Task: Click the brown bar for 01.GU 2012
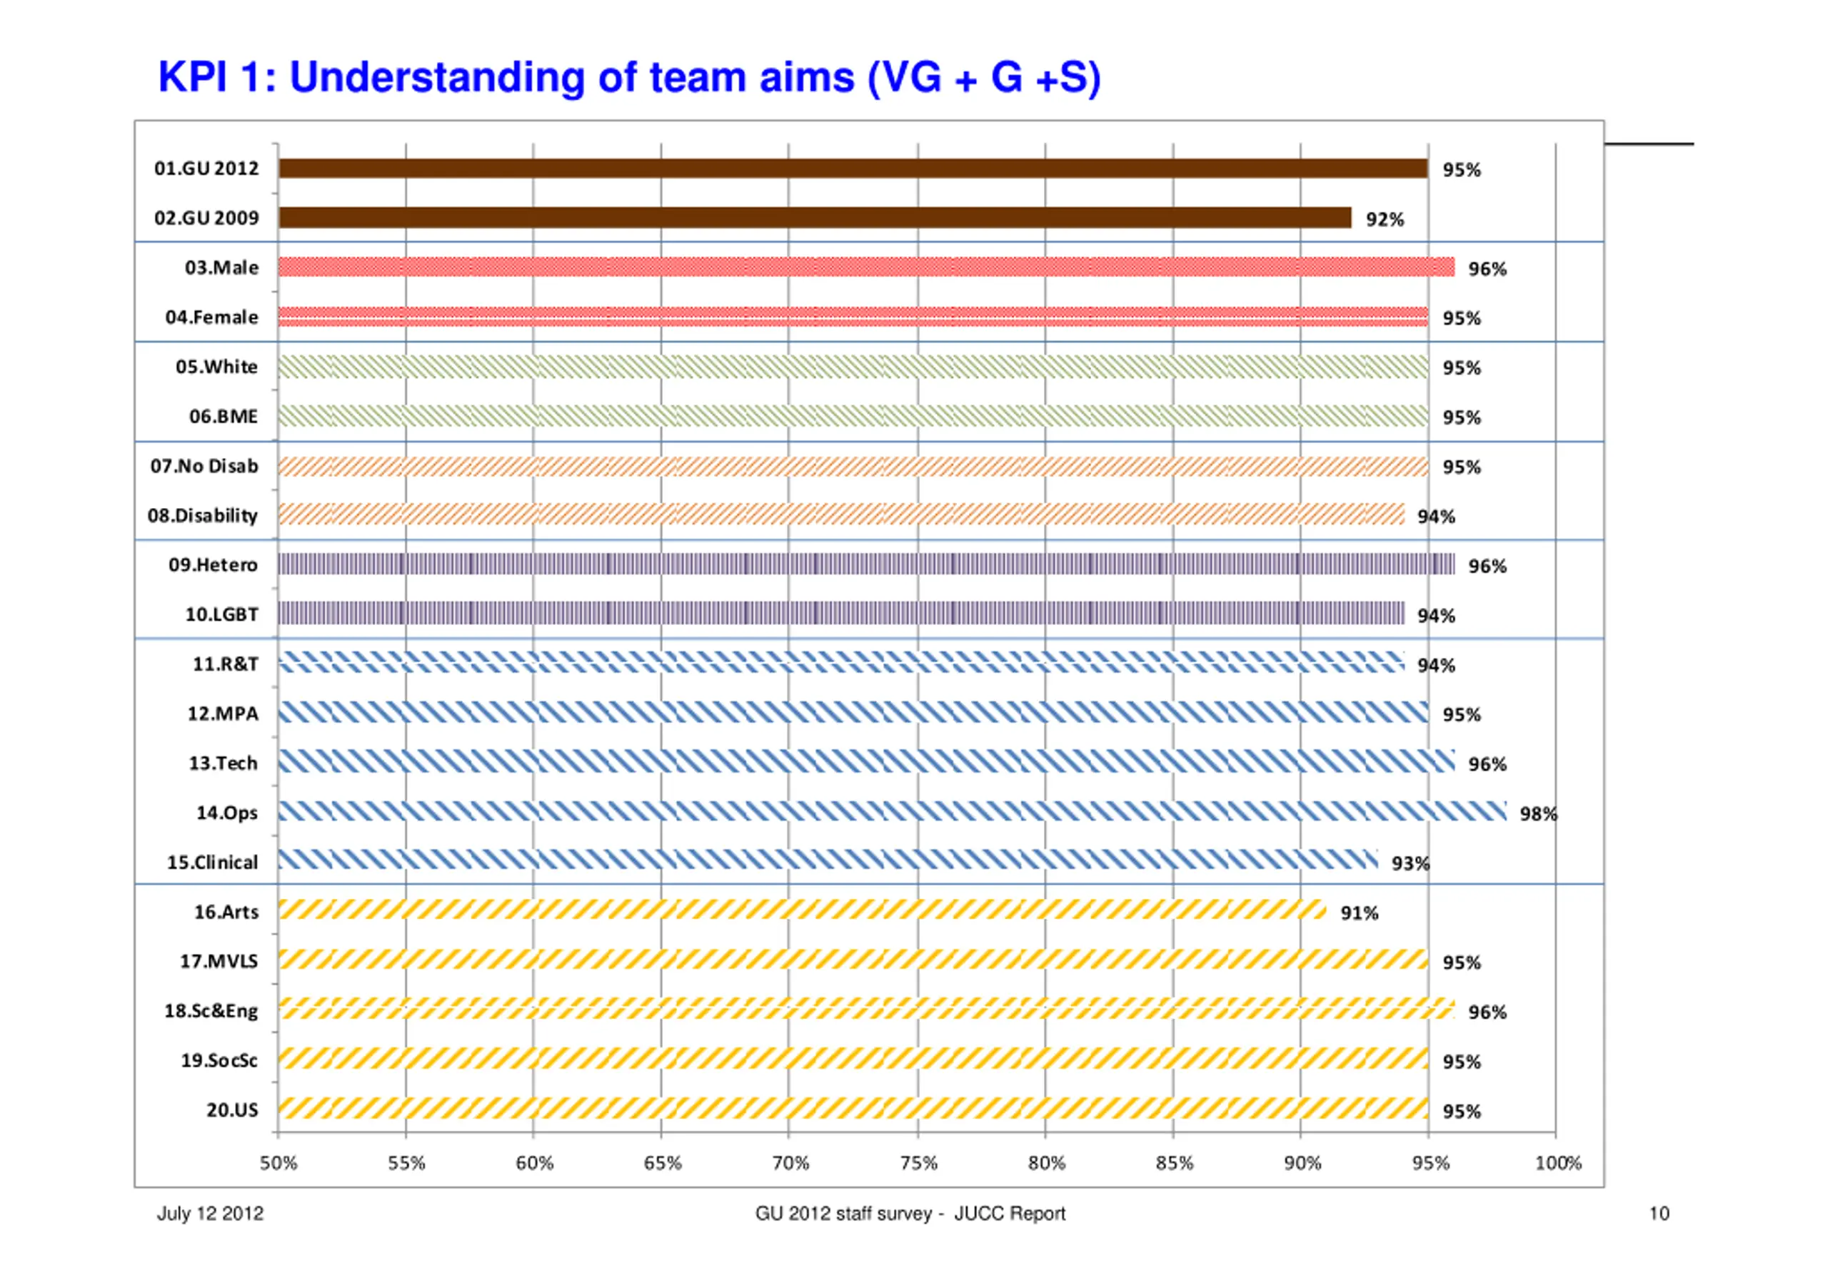click(x=853, y=168)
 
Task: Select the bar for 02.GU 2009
click(x=815, y=218)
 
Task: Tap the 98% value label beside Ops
click(x=1538, y=814)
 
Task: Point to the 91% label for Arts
click(x=1360, y=913)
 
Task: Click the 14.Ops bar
click(x=892, y=811)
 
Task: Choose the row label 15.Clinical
click(x=212, y=863)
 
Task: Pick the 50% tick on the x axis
click(x=278, y=1163)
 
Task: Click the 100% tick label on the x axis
click(x=1557, y=1163)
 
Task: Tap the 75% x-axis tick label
click(x=918, y=1163)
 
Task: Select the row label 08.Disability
click(x=202, y=516)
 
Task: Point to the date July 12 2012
click(x=210, y=1214)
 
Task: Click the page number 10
click(x=1658, y=1214)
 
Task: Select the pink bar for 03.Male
click(x=866, y=267)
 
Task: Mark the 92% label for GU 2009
click(x=1385, y=220)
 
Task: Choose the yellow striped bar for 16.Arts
click(x=801, y=910)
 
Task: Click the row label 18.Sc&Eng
click(x=211, y=1012)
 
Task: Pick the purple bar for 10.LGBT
click(x=840, y=613)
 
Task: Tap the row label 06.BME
click(x=223, y=417)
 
